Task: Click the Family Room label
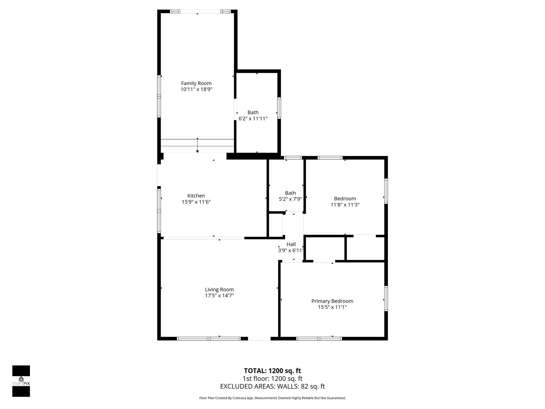click(x=196, y=83)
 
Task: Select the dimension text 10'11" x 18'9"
click(x=196, y=89)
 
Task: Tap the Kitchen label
click(x=196, y=196)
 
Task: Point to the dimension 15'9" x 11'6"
click(x=196, y=202)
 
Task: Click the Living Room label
click(x=219, y=289)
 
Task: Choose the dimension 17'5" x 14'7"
click(x=219, y=296)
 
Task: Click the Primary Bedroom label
click(x=332, y=301)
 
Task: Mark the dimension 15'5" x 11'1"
click(x=332, y=307)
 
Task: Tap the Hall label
click(x=291, y=244)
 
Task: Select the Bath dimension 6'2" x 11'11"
click(x=253, y=119)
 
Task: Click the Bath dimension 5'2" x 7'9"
click(x=290, y=199)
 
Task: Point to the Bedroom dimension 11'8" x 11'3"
click(x=345, y=205)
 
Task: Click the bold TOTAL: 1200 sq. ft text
click(x=272, y=371)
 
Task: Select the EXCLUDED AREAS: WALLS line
click(x=272, y=386)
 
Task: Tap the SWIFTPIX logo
click(x=21, y=381)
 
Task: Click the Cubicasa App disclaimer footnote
click(x=272, y=398)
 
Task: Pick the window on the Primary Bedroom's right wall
click(x=386, y=298)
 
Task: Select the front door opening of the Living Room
click(x=259, y=338)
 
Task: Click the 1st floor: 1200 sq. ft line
click(x=272, y=379)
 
